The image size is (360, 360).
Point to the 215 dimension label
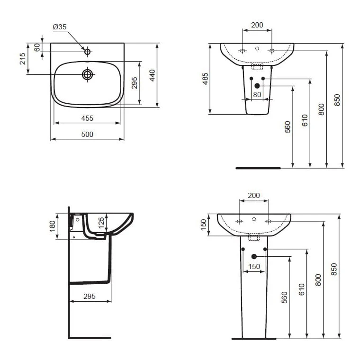point(22,59)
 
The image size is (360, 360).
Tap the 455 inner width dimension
point(87,118)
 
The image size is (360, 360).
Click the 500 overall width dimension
point(87,134)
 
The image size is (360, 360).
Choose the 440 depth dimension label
point(152,76)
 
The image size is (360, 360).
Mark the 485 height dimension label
point(205,79)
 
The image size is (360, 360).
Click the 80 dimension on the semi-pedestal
point(257,94)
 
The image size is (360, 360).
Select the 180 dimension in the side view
point(52,224)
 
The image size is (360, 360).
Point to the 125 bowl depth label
point(100,223)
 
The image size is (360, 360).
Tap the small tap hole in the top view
point(87,51)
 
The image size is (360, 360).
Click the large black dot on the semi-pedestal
point(257,85)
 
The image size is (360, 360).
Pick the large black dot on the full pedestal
point(254,256)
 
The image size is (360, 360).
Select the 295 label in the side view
point(90,296)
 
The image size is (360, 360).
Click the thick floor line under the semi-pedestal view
point(258,168)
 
